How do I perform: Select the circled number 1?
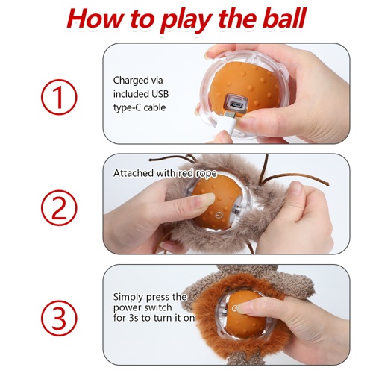(x=59, y=97)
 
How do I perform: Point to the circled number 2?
(x=59, y=207)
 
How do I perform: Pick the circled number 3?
(x=59, y=319)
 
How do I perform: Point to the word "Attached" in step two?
(x=133, y=173)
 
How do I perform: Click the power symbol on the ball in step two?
(x=219, y=215)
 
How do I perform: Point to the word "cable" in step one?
(x=154, y=107)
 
